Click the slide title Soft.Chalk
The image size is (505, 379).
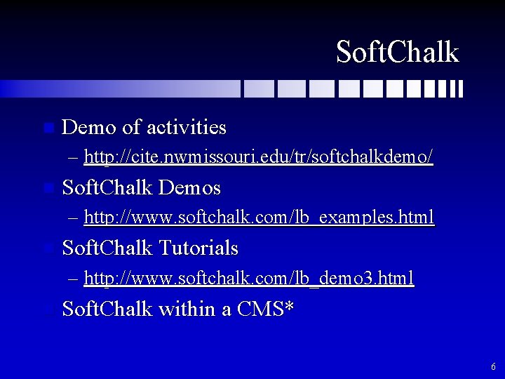(397, 52)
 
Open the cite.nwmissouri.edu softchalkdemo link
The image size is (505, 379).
(258, 157)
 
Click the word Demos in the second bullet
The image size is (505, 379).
(190, 188)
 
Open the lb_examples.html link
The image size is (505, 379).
(259, 217)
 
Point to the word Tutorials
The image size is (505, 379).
(198, 248)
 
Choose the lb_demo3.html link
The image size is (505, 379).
(249, 278)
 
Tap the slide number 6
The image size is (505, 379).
(493, 366)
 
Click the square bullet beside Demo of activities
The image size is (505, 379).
(47, 128)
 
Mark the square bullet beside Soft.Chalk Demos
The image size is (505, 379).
(47, 189)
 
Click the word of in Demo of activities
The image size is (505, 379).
(130, 127)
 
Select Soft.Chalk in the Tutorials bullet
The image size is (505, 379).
(107, 248)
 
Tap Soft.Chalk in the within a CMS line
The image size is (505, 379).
(107, 309)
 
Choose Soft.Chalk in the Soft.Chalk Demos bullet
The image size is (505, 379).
(107, 188)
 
